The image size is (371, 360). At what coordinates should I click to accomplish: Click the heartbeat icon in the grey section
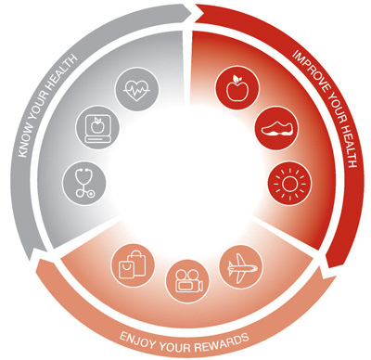pyautogui.click(x=134, y=91)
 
